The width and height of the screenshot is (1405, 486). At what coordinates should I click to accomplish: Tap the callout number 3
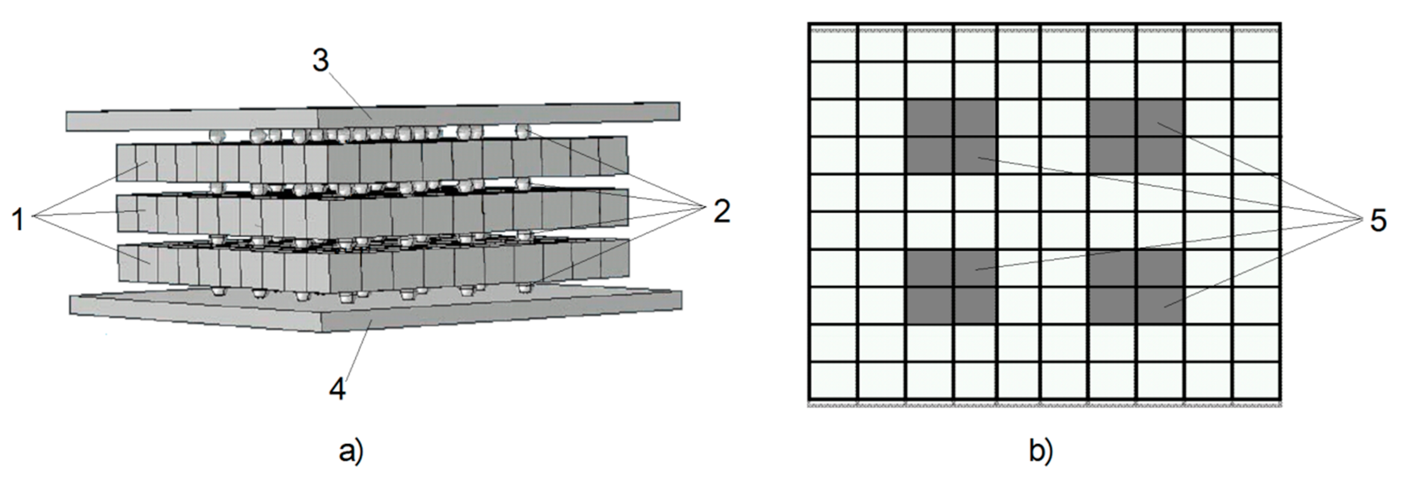321,61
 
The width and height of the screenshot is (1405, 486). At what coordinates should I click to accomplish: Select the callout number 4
338,390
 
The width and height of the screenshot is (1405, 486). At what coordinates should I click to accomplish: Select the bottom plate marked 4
376,312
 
